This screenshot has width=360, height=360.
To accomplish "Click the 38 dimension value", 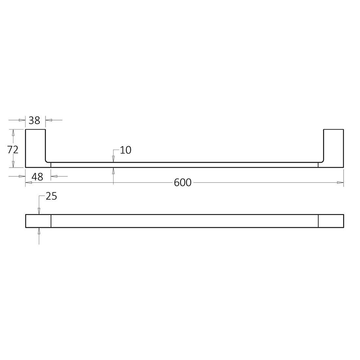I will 34,120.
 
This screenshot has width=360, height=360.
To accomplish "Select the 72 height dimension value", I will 13,150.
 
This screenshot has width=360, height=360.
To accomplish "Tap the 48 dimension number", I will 38,177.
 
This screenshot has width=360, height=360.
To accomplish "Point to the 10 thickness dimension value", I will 125,150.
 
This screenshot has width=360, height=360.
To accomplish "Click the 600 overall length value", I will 183,183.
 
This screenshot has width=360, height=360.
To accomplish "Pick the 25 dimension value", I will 51,196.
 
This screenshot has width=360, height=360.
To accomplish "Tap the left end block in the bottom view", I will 38,221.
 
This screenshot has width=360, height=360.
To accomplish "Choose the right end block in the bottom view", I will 331,221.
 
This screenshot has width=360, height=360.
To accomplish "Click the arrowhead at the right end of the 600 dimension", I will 340,183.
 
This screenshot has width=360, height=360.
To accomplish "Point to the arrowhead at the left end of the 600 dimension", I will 29,183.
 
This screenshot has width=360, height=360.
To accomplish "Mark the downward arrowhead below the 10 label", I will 113,159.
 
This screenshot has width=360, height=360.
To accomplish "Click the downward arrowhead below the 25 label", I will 39,211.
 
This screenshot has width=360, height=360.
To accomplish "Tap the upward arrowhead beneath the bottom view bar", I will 39,231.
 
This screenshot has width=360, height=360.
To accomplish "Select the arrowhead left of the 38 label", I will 22,120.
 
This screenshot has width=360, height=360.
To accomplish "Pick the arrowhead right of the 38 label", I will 49,120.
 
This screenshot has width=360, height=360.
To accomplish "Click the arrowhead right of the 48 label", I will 54,176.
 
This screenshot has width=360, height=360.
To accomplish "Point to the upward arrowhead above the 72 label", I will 13,133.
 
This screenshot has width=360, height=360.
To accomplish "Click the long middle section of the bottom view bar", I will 185,221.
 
